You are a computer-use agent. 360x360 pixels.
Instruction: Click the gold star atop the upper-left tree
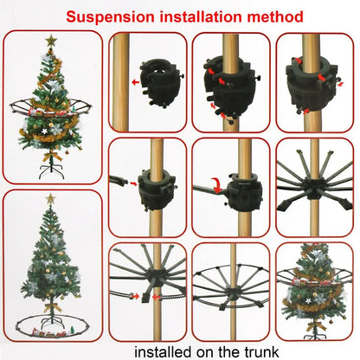[51, 41]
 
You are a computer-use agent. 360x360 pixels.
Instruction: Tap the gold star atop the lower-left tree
[49, 200]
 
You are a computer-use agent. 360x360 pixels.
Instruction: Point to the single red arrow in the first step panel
[136, 81]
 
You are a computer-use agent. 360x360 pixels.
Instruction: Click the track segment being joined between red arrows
[143, 297]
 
